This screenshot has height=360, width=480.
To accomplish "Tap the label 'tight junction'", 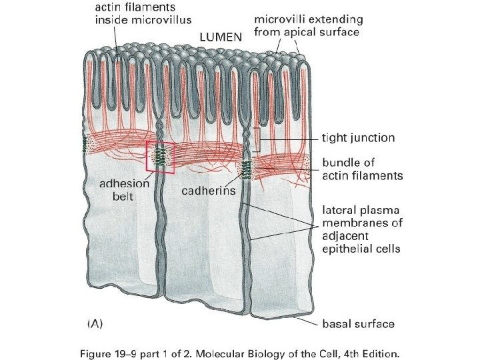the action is point(358,138).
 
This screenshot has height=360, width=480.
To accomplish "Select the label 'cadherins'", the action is point(209,191).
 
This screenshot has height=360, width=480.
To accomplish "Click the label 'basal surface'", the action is point(358,324).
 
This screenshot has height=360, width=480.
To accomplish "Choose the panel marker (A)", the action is point(95,325).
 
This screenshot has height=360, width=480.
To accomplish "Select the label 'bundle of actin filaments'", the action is point(363,169).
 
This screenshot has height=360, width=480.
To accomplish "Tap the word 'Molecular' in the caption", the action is point(231,349).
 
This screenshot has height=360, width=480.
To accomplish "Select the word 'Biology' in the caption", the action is point(279,349).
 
